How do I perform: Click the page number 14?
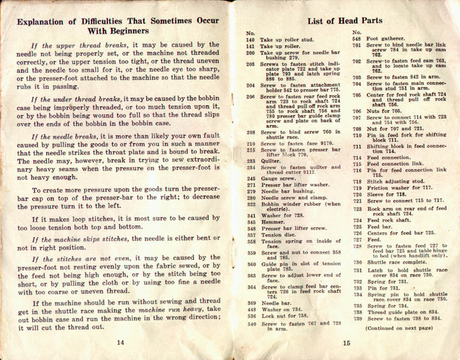coord(120,341)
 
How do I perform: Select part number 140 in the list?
coord(250,40)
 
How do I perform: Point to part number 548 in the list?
coord(356,40)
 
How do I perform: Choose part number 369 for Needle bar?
coord(250,304)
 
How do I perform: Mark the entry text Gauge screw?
coord(279,179)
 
